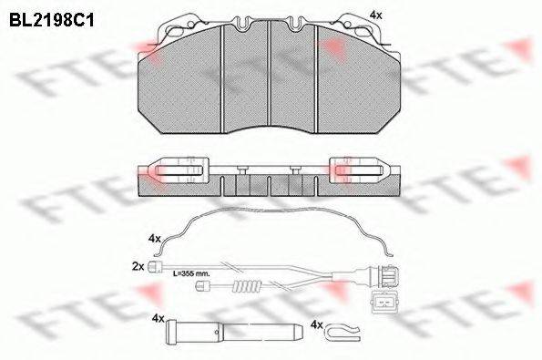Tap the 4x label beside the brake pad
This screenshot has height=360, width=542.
(x=376, y=15)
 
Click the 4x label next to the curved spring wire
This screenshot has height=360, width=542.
(x=155, y=239)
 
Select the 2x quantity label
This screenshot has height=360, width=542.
(x=138, y=266)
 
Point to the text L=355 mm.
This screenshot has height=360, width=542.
(x=191, y=273)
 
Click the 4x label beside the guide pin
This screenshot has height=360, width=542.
(x=159, y=319)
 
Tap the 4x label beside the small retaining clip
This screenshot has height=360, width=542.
(x=317, y=324)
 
